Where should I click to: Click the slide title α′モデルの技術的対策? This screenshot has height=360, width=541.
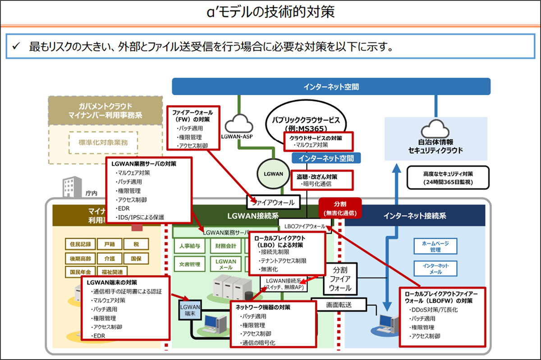pyautogui.click(x=270, y=11)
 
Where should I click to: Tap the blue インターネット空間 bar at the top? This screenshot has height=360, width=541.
pyautogui.click(x=331, y=87)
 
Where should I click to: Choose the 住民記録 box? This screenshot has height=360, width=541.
pyautogui.click(x=80, y=245)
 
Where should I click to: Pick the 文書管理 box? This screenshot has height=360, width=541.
pyautogui.click(x=189, y=264)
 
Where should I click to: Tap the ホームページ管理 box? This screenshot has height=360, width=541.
pyautogui.click(x=432, y=246)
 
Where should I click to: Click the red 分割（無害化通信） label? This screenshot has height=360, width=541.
pyautogui.click(x=339, y=208)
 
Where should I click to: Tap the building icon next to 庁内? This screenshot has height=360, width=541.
pyautogui.click(x=71, y=187)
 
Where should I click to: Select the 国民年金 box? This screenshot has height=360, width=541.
pyautogui.click(x=80, y=272)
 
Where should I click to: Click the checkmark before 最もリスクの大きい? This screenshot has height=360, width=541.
pyautogui.click(x=16, y=46)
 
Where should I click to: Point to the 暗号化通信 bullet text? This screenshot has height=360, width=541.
pyautogui.click(x=316, y=184)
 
